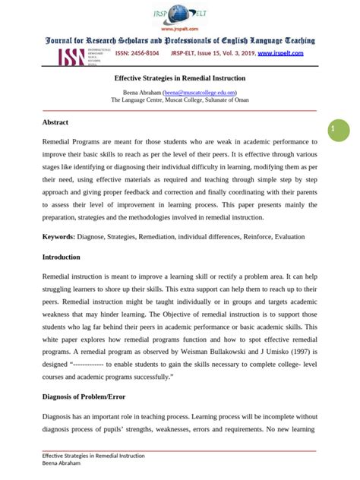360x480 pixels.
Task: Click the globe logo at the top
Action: click(x=180, y=14)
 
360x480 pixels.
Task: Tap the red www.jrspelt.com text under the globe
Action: click(x=180, y=29)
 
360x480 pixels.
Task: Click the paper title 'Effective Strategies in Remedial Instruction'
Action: click(x=179, y=78)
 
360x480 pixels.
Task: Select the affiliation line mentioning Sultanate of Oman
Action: click(x=180, y=99)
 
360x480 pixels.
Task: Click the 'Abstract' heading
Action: click(x=55, y=122)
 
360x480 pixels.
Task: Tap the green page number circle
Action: click(x=332, y=131)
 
